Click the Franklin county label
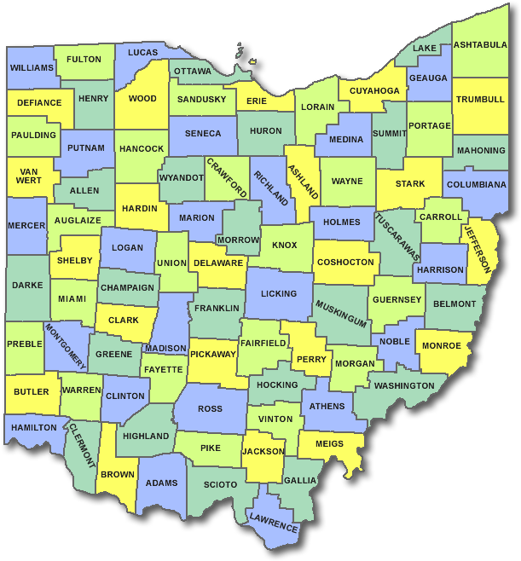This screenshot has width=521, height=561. point(216,308)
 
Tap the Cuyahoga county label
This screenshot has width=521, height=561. point(374,90)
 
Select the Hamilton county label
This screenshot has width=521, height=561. point(35,427)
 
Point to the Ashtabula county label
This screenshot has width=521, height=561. point(480,45)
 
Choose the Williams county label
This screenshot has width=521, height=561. point(32,67)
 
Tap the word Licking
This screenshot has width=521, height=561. point(279,293)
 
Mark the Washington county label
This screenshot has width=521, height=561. point(404,385)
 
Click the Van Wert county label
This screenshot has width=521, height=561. point(28,176)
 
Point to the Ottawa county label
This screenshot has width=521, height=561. point(194,71)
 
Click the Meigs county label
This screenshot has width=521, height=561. point(329,443)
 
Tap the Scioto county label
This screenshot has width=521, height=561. point(221,484)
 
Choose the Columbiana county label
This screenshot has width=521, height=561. point(476,184)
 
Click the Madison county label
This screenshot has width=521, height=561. point(165,349)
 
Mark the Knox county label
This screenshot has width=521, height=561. point(285,246)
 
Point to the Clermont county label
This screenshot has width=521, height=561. point(83,444)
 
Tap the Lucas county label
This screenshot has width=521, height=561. point(143,52)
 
